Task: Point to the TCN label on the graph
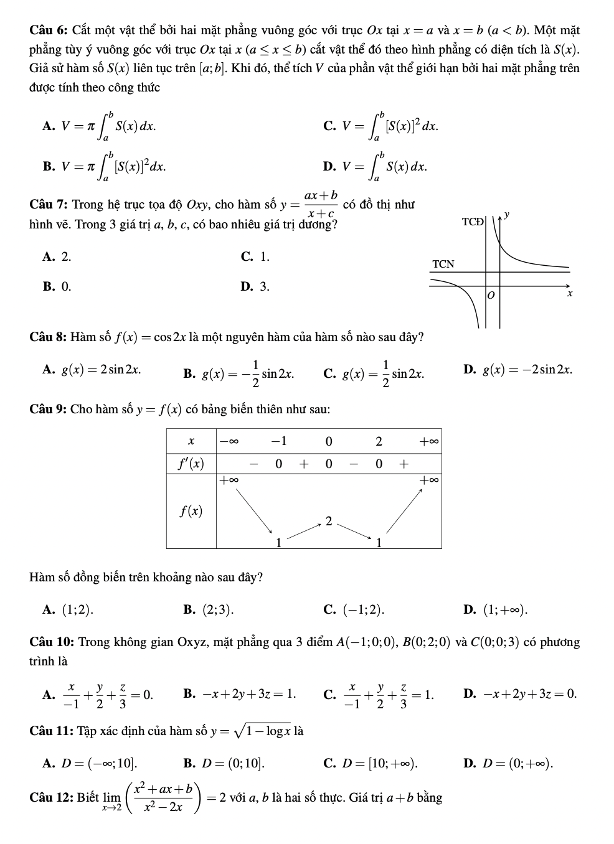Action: click(x=443, y=264)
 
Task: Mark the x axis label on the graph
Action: click(x=569, y=293)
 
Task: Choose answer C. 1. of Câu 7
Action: click(x=255, y=256)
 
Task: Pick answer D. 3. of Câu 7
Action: click(x=255, y=287)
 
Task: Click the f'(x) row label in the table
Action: click(x=191, y=464)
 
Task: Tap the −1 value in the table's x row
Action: click(x=278, y=441)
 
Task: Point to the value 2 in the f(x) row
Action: click(x=329, y=520)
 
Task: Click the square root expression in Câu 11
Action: click(x=266, y=731)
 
